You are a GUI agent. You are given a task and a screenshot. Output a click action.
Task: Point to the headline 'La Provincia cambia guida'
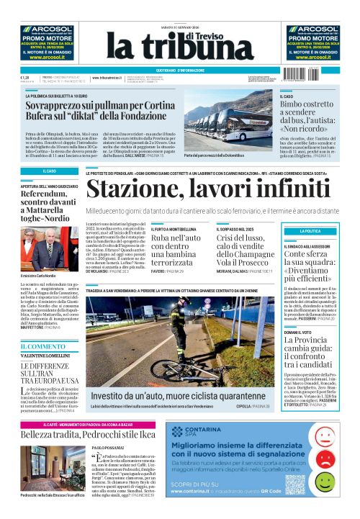312,340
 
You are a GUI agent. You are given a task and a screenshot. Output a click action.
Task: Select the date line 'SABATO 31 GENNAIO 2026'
180,29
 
